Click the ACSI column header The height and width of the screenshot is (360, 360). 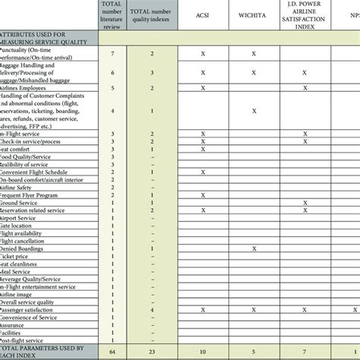[203, 14]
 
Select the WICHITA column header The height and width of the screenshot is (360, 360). [254, 14]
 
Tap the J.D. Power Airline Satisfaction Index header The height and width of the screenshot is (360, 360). [305, 14]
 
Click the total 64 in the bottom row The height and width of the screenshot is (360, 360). [112, 352]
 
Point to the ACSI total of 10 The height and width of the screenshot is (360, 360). [203, 352]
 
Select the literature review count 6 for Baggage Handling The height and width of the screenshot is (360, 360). [112, 73]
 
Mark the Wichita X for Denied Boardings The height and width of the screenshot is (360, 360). [254, 248]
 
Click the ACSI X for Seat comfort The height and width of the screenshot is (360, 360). [203, 150]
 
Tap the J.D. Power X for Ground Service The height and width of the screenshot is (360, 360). [305, 203]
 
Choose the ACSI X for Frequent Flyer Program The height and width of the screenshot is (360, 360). [203, 195]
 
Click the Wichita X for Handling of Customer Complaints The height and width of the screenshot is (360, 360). [254, 111]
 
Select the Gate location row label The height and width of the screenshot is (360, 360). [20, 226]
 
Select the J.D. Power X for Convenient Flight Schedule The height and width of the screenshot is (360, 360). [305, 172]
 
